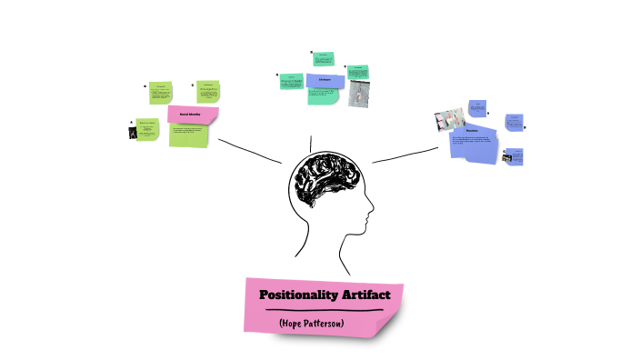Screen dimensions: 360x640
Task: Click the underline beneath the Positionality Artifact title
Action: tap(323, 311)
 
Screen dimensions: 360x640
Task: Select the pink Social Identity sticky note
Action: tap(193, 115)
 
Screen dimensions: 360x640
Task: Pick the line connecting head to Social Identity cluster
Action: tap(250, 151)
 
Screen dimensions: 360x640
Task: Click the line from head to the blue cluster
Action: tap(405, 155)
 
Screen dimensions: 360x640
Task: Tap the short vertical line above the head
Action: tap(312, 143)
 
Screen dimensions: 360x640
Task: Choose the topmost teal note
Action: tap(324, 59)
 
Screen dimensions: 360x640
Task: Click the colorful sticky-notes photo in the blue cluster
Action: tap(451, 119)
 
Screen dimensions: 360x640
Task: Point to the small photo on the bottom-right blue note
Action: tap(506, 158)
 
